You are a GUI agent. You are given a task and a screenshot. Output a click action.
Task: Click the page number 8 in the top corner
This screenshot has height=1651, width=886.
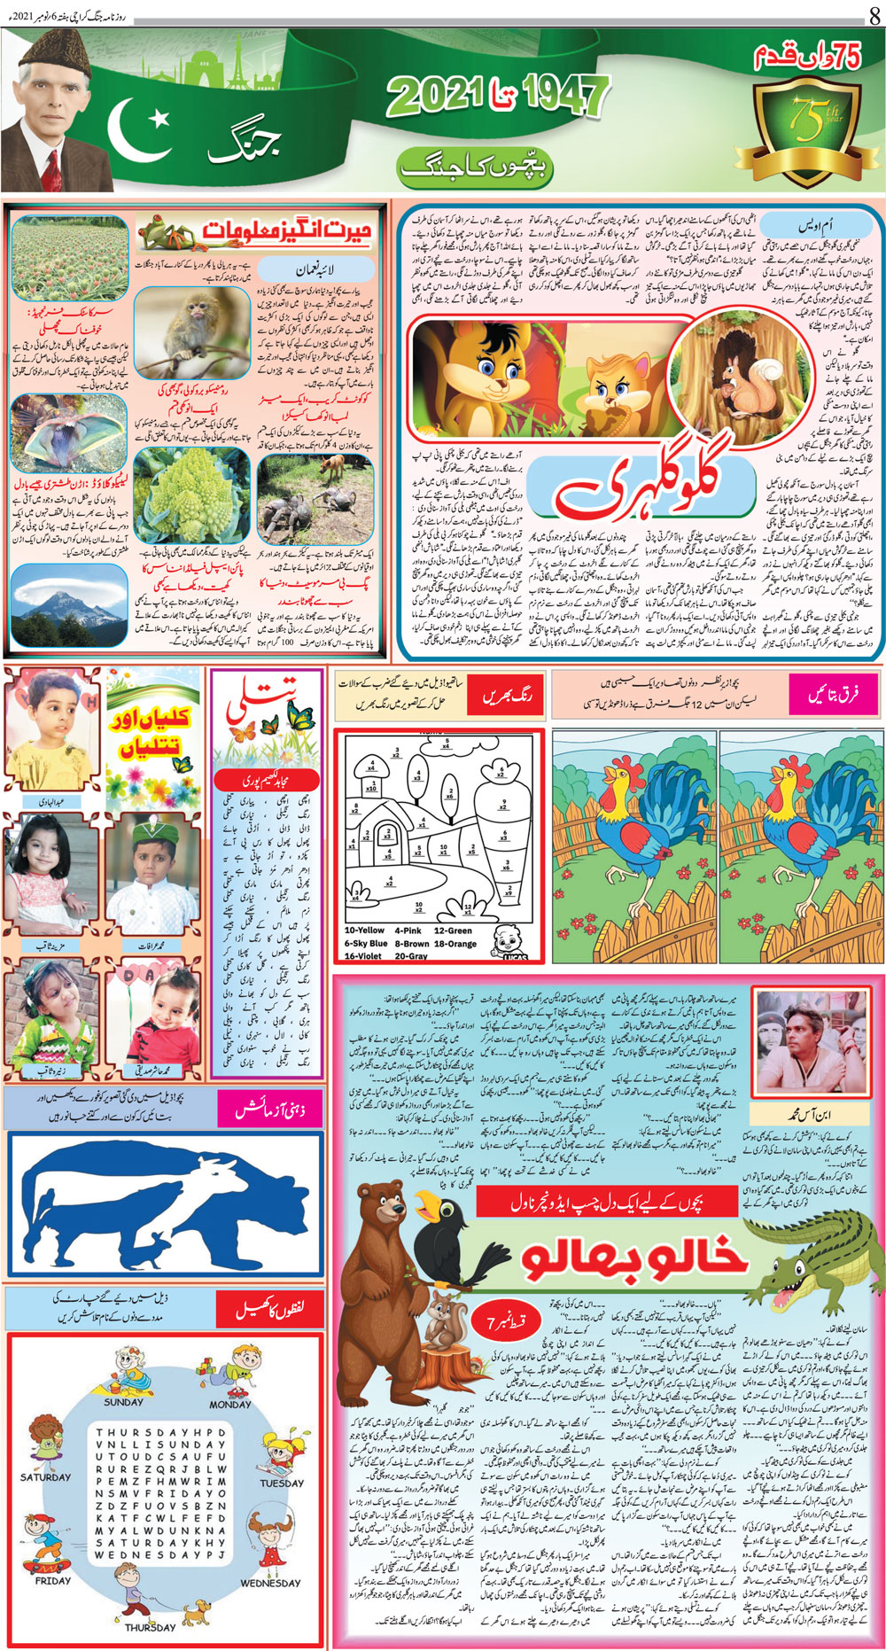click(x=874, y=14)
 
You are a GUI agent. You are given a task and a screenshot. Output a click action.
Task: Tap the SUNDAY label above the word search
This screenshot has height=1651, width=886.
click(x=124, y=1402)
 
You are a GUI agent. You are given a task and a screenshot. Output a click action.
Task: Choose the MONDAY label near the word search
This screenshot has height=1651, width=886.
click(x=229, y=1405)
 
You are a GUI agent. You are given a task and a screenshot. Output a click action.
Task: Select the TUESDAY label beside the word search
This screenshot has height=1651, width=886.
click(x=282, y=1483)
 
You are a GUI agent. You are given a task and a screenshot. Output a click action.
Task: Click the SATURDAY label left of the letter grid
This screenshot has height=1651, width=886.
click(x=45, y=1477)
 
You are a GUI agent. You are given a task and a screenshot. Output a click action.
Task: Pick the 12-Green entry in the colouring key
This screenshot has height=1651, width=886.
click(x=453, y=931)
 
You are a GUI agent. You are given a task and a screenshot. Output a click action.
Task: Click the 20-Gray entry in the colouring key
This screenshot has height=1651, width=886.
click(x=412, y=956)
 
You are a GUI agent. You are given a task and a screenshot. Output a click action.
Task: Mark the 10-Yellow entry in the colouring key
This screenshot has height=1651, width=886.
click(x=364, y=931)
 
